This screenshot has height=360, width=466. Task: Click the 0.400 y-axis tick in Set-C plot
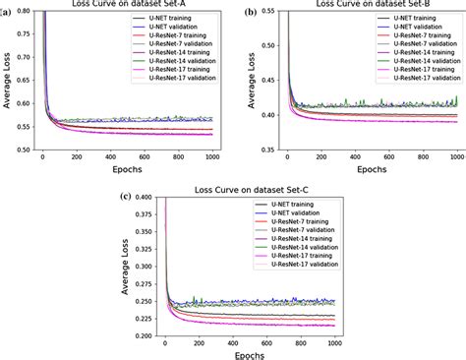point(143,197)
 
